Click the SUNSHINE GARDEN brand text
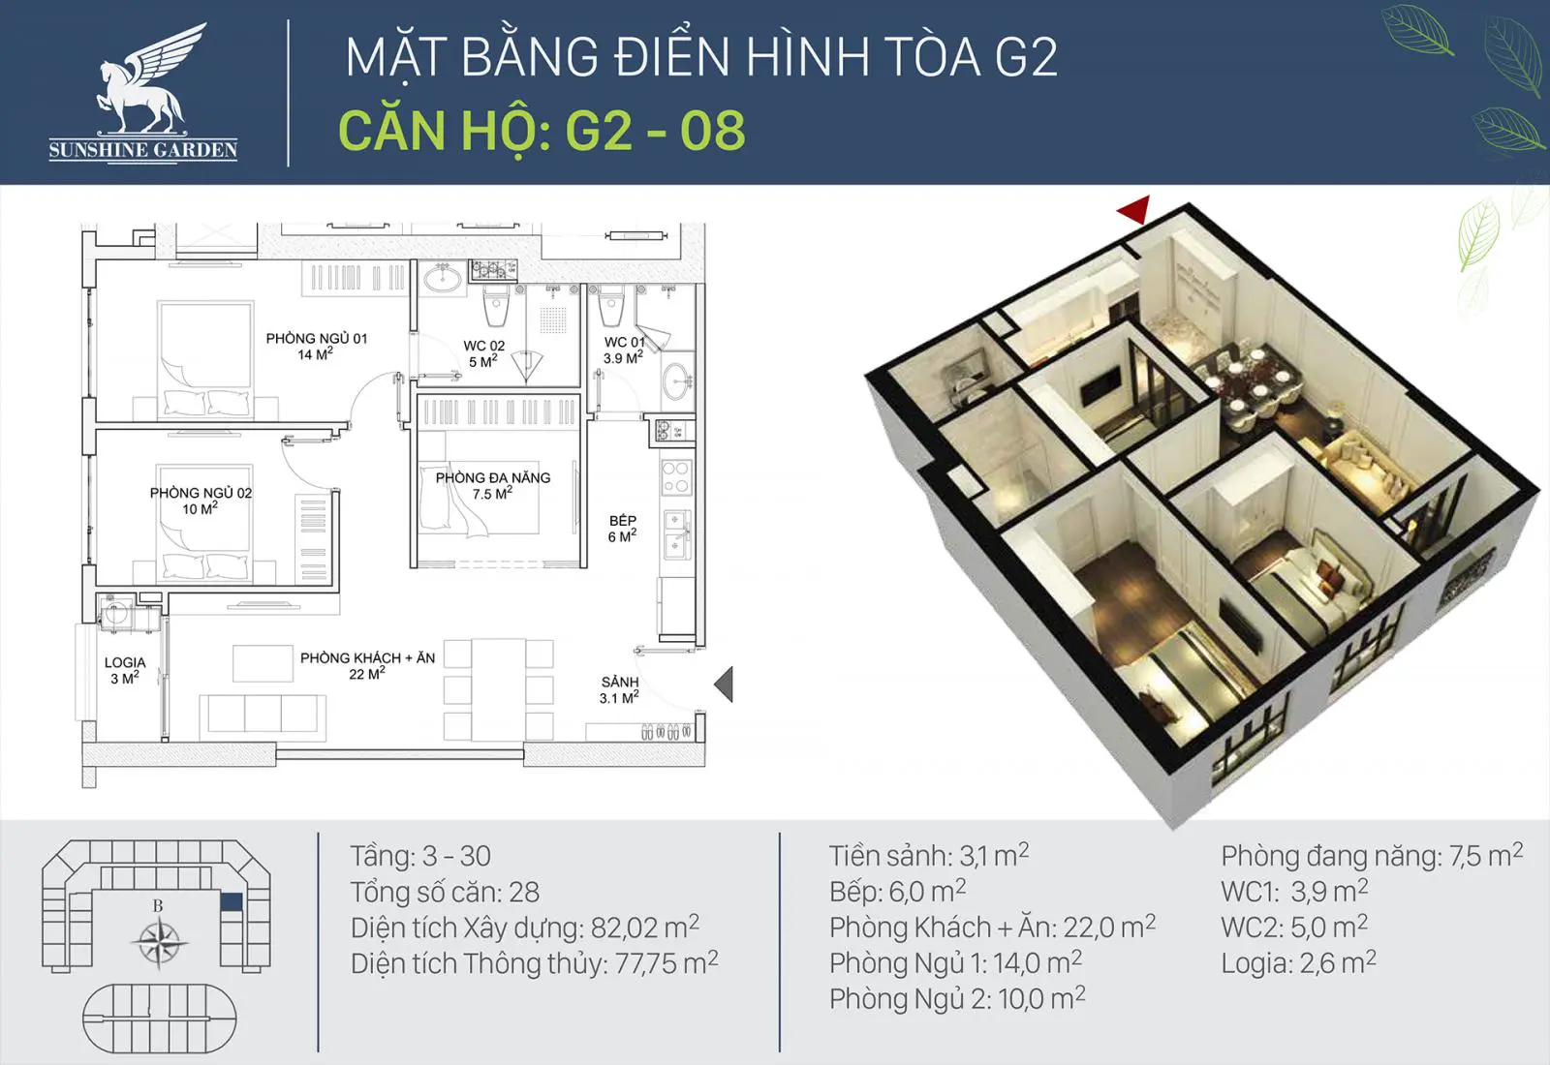tap(143, 150)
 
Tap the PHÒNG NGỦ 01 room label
tap(316, 346)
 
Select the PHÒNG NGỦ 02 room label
tap(201, 500)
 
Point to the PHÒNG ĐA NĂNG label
tap(493, 485)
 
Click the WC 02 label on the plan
tap(483, 352)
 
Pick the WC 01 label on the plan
tap(624, 350)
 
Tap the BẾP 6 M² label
tap(622, 529)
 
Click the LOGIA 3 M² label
tap(125, 670)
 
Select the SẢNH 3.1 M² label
tap(619, 689)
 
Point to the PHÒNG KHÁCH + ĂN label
tap(367, 665)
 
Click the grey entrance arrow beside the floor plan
tap(724, 685)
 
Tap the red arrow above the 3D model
tap(1134, 209)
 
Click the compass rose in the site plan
tap(159, 943)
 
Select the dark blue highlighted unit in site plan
tap(232, 901)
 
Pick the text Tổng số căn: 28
tap(445, 892)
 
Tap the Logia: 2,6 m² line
tap(1299, 963)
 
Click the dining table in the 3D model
tap(1246, 380)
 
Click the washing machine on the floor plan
tap(115, 612)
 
